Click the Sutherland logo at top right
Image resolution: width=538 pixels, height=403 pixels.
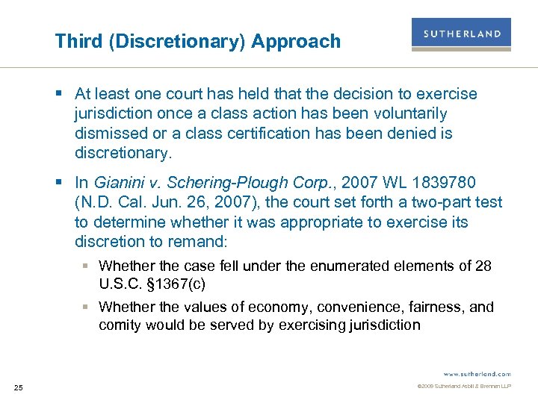(x=461, y=34)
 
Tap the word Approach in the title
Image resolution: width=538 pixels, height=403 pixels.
(x=296, y=41)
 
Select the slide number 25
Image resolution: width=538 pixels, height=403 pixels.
(x=19, y=387)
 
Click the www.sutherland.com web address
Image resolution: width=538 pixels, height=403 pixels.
(x=476, y=373)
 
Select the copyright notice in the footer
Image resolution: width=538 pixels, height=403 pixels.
(x=464, y=387)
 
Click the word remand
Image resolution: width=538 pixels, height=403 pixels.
(x=200, y=242)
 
